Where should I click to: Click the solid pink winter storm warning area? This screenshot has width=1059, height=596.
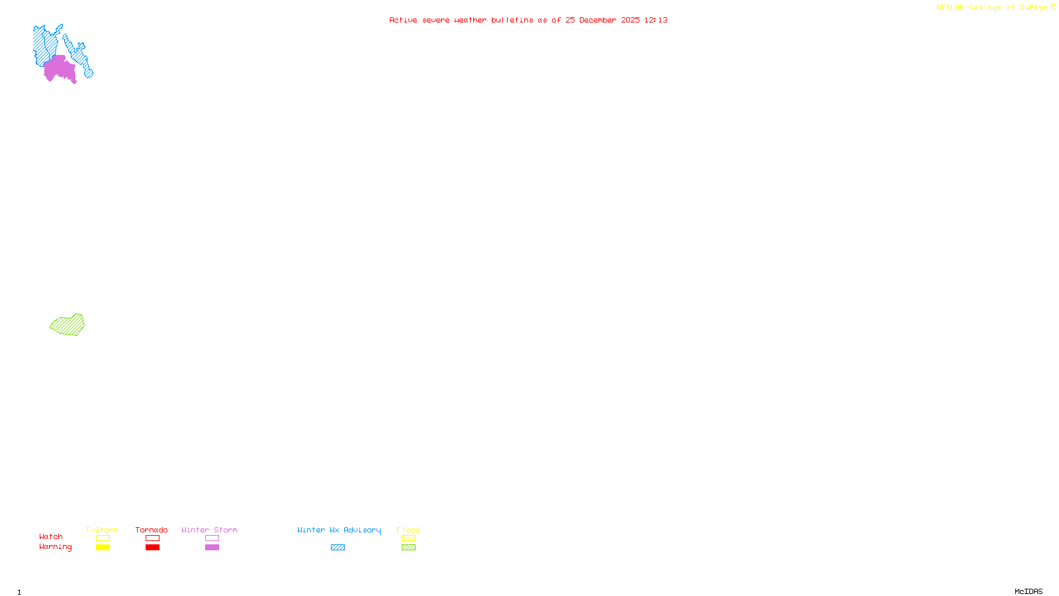(x=58, y=69)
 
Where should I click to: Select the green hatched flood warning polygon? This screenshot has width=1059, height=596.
(x=68, y=325)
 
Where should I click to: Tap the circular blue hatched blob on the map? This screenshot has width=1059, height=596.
(x=89, y=73)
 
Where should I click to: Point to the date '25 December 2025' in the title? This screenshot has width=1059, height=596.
(x=602, y=20)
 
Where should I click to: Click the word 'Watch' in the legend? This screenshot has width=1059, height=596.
(x=51, y=536)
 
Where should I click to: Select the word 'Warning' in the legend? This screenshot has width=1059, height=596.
(x=55, y=547)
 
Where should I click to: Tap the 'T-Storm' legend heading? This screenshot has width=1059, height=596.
(x=102, y=530)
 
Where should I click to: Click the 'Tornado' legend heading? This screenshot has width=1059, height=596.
(x=152, y=530)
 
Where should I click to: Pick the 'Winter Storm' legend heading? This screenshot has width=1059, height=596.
(x=209, y=530)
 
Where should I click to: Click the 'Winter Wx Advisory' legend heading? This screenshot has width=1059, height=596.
(x=339, y=530)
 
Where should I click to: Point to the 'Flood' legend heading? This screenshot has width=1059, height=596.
(x=408, y=530)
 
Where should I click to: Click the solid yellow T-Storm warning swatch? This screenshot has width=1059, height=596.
(x=103, y=548)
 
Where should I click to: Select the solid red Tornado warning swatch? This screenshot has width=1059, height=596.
(x=152, y=548)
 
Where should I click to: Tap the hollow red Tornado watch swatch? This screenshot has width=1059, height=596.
(x=152, y=538)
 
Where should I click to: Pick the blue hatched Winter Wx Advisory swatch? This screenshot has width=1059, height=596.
(x=338, y=548)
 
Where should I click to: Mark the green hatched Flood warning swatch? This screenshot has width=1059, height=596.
(x=408, y=548)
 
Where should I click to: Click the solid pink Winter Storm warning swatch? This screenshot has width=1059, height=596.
(x=212, y=548)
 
